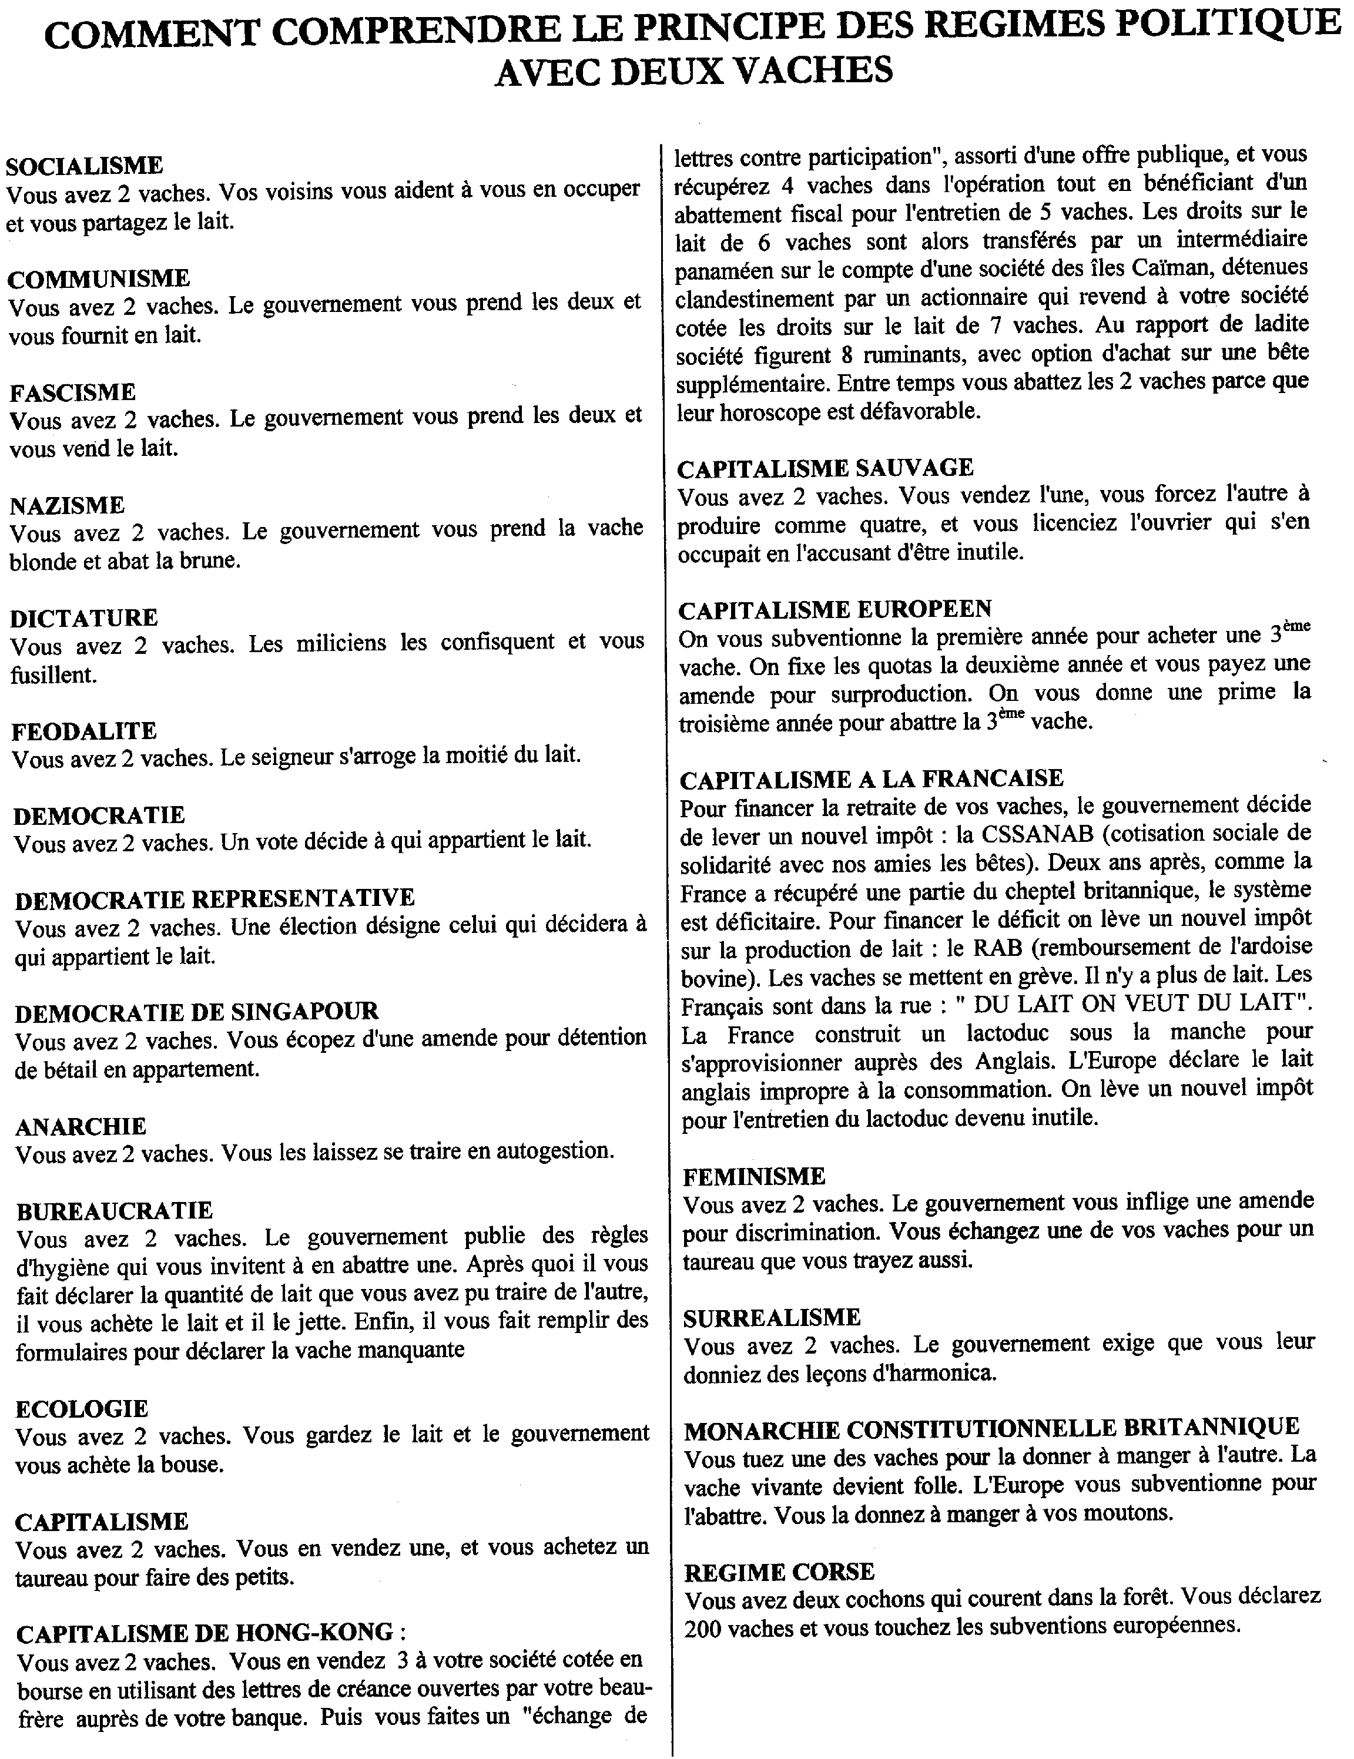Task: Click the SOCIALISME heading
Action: click(x=85, y=166)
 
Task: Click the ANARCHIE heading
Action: click(x=81, y=1126)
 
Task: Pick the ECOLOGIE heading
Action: click(x=82, y=1409)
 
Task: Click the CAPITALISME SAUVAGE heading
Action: click(x=825, y=468)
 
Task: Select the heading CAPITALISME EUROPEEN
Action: click(x=835, y=609)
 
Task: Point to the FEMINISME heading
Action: click(x=754, y=1177)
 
